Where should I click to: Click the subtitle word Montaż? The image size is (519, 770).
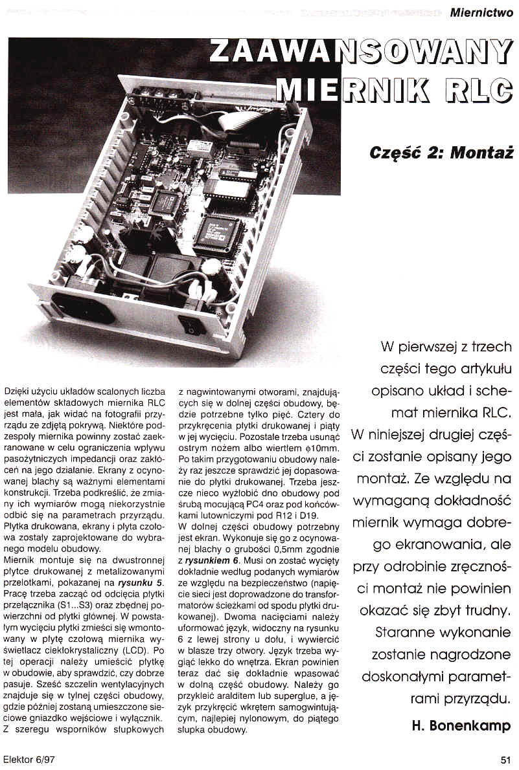482,154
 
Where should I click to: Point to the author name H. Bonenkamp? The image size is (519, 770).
462,725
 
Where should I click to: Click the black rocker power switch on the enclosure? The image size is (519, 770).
193,323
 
